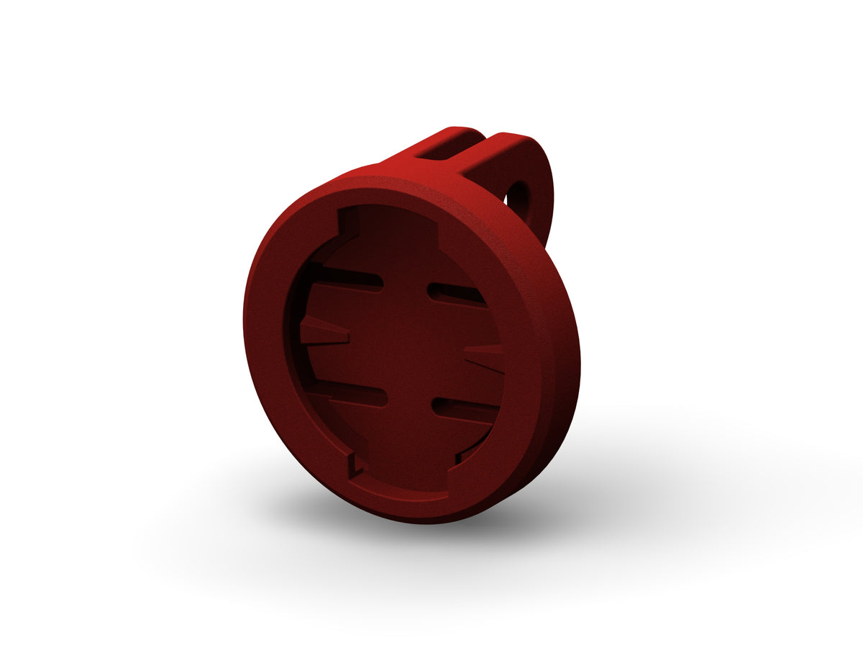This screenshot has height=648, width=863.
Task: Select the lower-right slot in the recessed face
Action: pos(464,409)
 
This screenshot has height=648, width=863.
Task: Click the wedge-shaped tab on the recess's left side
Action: pos(324,332)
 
